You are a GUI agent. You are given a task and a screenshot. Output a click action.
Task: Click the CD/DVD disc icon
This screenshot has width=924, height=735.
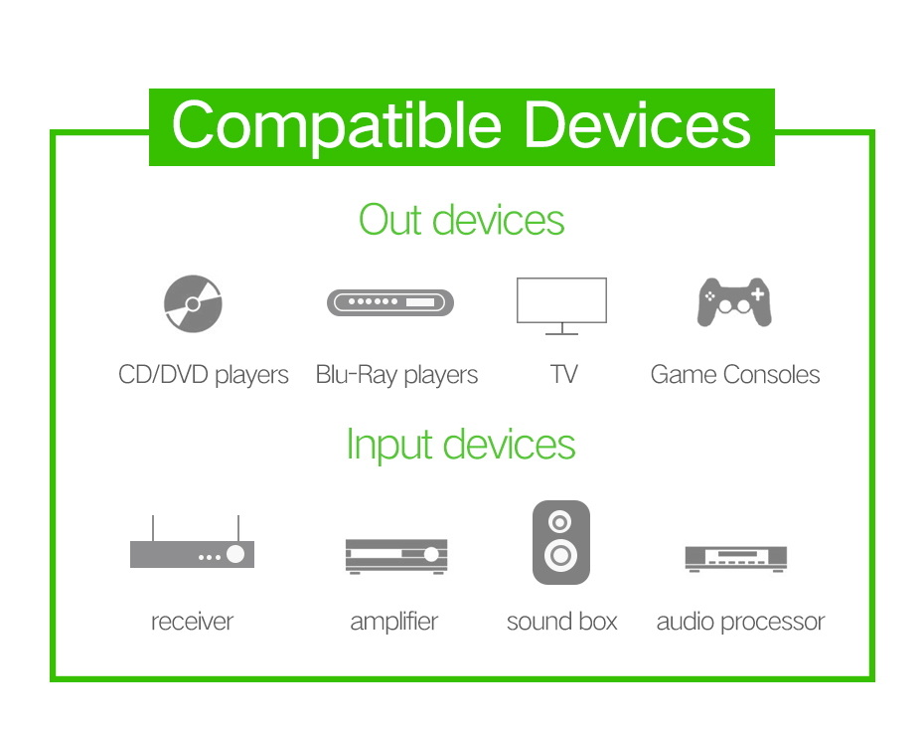click(193, 303)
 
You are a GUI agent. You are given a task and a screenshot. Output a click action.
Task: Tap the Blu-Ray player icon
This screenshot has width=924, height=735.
click(390, 302)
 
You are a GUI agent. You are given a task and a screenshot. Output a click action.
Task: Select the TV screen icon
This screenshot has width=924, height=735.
click(561, 306)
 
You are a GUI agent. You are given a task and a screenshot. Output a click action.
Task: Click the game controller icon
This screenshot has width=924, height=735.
click(734, 302)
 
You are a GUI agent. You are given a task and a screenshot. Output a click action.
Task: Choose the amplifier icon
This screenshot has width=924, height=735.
click(396, 556)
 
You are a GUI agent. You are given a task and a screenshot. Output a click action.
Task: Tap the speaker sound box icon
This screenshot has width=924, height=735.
click(561, 543)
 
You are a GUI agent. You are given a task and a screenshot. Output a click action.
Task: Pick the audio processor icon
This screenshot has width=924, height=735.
click(736, 559)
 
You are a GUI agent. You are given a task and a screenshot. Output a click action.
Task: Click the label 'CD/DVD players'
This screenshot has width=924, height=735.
click(204, 375)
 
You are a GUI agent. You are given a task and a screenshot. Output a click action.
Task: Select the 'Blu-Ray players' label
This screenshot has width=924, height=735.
click(396, 375)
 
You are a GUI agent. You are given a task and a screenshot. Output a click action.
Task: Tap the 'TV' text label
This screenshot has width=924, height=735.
click(564, 375)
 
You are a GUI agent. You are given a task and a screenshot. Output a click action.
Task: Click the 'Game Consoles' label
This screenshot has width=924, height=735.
click(735, 375)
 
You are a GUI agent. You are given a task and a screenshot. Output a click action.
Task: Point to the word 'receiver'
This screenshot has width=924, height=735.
click(192, 622)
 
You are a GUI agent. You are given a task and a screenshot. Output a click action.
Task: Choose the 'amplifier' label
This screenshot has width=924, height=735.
click(394, 622)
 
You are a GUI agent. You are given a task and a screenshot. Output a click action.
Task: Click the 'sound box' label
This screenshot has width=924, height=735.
click(561, 622)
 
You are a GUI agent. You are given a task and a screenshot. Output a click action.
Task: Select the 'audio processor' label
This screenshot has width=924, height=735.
click(741, 623)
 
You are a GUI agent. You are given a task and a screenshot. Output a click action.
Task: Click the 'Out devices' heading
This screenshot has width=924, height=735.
click(461, 220)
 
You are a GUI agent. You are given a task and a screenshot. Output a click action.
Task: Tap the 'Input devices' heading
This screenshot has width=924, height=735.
click(461, 445)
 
